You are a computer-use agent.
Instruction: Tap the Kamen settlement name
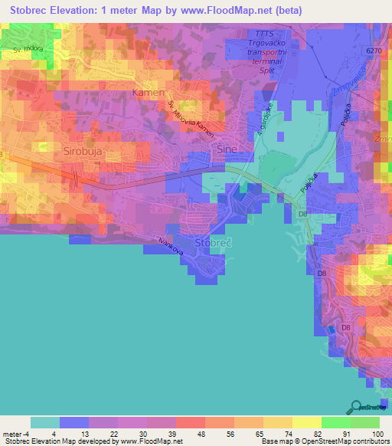point(149,93)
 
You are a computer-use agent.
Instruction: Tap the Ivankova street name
point(171,246)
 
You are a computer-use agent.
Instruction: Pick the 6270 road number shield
point(373,50)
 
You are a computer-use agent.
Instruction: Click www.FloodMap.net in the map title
point(239,11)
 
